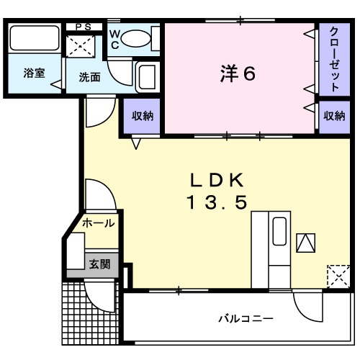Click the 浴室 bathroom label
[34, 73]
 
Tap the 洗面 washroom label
[89, 77]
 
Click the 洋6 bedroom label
[238, 73]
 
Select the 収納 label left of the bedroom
[142, 116]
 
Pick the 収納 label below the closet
[334, 115]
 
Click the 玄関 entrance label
[99, 264]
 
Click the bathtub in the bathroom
[35, 40]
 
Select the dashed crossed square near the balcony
[336, 275]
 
